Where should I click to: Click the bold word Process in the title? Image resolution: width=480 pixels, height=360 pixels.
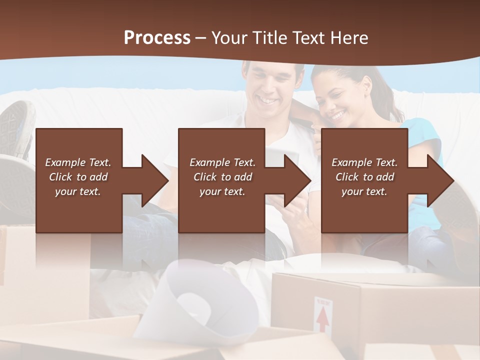click(x=157, y=38)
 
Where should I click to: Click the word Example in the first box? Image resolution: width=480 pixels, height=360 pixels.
click(x=65, y=162)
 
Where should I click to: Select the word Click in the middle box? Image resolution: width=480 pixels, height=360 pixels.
click(x=205, y=177)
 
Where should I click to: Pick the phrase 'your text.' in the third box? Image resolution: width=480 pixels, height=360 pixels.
click(x=364, y=191)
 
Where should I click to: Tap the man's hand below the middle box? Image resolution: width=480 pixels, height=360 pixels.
click(x=295, y=215)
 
